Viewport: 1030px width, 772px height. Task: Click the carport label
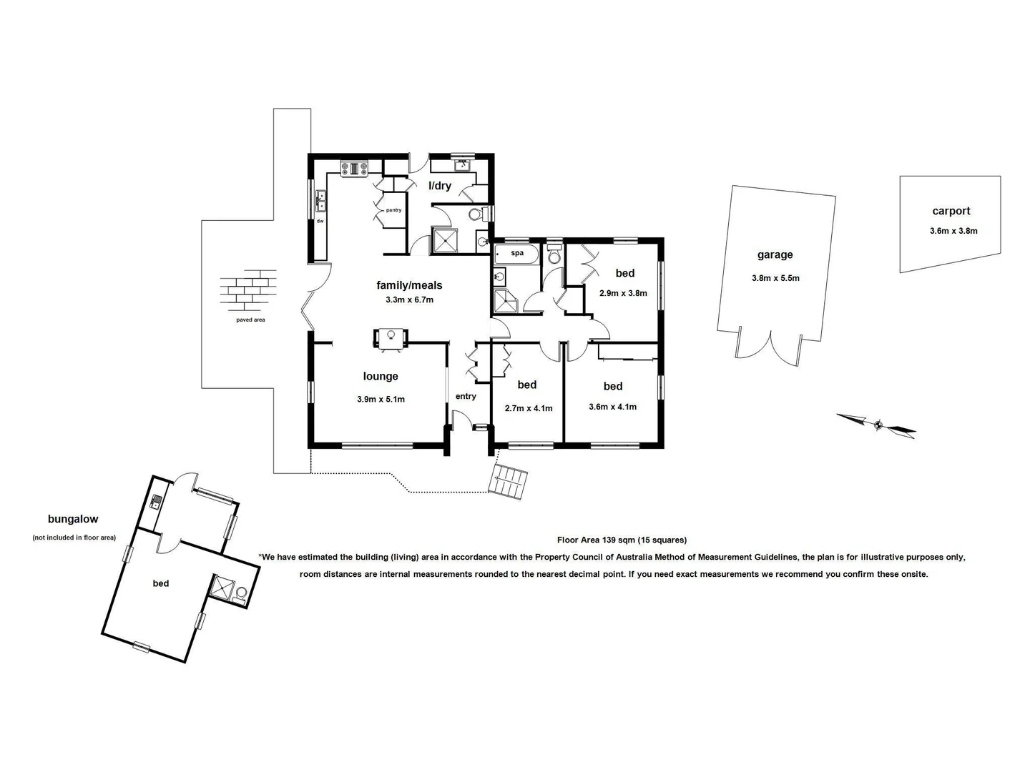pos(951,211)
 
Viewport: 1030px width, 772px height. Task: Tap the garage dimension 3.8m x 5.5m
pos(775,278)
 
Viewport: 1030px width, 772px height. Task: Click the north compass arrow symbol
pos(877,425)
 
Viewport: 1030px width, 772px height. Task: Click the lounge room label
pos(381,377)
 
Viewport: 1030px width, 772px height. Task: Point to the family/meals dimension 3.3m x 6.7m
pos(409,300)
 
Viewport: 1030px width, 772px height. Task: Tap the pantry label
pos(393,210)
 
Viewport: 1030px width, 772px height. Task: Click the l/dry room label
pos(440,186)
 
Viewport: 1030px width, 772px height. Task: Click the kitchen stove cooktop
pos(354,169)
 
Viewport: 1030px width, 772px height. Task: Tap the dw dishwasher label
pos(320,221)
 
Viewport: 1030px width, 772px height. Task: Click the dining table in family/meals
pos(391,338)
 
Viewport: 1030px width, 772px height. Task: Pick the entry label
pos(466,397)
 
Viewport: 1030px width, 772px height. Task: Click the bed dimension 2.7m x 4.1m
pos(529,409)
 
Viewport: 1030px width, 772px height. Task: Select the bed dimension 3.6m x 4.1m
pos(612,407)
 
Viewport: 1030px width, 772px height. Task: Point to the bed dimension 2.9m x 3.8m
pos(623,293)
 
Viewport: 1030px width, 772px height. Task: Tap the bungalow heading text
pos(73,520)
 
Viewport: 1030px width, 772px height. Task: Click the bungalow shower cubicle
pos(223,588)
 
